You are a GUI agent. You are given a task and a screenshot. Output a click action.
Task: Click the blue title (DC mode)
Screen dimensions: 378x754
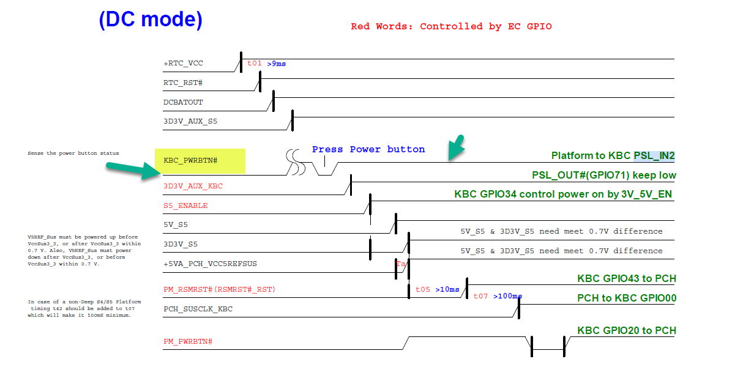[151, 20]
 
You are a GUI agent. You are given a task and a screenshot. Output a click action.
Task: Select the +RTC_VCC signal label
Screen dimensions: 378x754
[183, 63]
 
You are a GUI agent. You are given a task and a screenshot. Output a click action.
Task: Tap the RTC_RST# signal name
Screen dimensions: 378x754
[183, 82]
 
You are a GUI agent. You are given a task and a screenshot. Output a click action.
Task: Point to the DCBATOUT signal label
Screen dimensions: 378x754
[183, 102]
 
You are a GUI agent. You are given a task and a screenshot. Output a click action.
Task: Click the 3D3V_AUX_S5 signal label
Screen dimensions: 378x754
[190, 121]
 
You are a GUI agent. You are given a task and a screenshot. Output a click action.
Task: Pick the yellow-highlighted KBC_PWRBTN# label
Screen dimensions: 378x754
[191, 160]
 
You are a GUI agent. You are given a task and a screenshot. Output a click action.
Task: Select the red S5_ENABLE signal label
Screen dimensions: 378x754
[185, 206]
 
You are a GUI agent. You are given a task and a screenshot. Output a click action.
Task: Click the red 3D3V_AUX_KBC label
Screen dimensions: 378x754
[193, 186]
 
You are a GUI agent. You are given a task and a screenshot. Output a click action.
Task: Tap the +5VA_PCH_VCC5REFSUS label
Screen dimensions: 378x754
[210, 264]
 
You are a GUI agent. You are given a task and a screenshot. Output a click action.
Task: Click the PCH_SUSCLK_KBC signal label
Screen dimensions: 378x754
[198, 309]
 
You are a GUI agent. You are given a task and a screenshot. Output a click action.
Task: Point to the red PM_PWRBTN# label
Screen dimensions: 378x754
[188, 340]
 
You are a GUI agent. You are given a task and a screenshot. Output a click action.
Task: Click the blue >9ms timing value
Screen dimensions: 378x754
[277, 64]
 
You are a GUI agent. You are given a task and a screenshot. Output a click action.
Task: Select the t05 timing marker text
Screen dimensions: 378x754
[423, 289]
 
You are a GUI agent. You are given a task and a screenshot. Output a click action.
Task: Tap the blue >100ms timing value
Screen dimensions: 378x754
[507, 296]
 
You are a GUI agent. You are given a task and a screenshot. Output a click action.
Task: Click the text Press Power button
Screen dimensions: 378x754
[368, 149]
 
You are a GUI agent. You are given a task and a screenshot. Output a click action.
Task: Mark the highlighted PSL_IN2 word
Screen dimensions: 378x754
[654, 156]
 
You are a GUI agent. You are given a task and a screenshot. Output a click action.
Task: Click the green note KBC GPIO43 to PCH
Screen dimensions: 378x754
[627, 278]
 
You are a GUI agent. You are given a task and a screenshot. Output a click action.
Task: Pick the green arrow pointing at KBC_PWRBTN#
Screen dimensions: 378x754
[130, 171]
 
